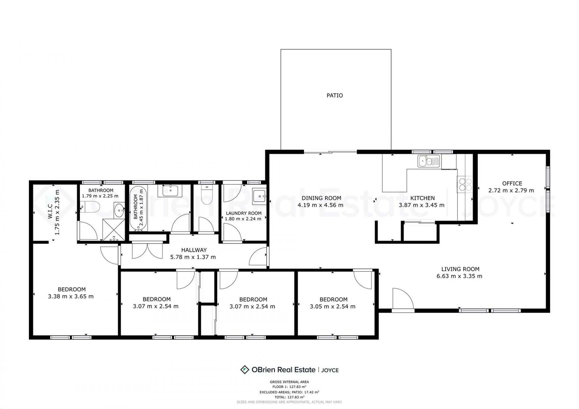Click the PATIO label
[335, 96]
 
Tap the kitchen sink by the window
[429, 161]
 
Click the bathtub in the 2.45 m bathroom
[138, 208]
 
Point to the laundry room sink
[259, 196]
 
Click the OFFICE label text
[512, 183]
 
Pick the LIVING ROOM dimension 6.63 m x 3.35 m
[459, 276]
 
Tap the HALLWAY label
[194, 250]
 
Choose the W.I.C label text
[50, 211]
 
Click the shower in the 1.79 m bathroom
[114, 230]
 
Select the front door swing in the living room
[403, 298]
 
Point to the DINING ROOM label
[321, 198]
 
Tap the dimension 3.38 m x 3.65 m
[71, 296]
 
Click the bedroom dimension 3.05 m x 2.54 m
[333, 307]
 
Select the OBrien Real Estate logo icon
[244, 370]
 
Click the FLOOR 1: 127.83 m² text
[289, 387]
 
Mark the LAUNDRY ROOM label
[244, 213]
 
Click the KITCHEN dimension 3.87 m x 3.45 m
[422, 205]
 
